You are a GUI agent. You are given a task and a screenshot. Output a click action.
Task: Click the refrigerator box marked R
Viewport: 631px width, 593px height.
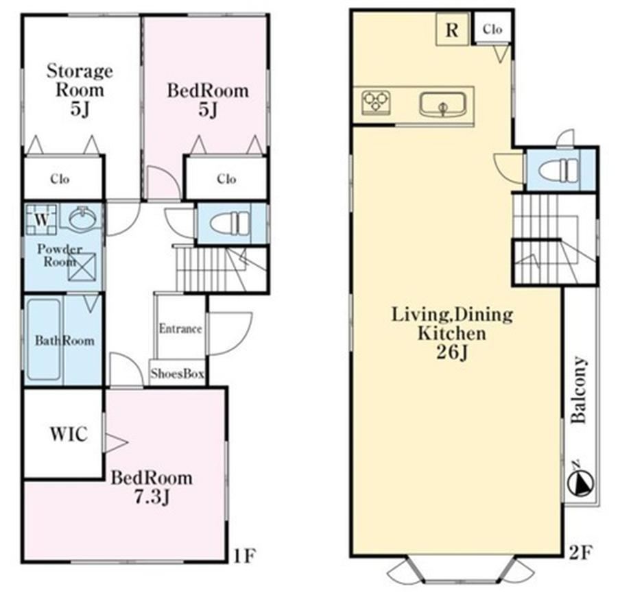click(x=453, y=29)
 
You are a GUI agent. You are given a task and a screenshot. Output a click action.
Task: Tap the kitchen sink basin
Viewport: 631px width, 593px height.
click(x=442, y=105)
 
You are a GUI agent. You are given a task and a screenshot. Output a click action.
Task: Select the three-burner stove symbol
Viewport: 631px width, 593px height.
click(x=377, y=101)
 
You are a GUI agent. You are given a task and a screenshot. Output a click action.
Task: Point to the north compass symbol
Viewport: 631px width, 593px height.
click(x=580, y=481)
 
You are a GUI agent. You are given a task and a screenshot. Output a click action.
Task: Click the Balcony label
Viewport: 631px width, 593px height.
click(x=580, y=390)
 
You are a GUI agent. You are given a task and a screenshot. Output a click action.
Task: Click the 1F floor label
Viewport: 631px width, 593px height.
click(x=244, y=556)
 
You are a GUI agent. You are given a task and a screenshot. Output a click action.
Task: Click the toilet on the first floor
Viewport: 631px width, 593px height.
click(x=229, y=223)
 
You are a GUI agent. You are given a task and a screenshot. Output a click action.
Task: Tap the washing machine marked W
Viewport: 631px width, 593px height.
click(x=42, y=219)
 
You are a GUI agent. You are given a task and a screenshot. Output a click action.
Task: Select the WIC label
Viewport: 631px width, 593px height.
click(x=69, y=434)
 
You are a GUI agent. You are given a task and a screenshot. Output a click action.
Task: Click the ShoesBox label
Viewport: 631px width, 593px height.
click(x=177, y=374)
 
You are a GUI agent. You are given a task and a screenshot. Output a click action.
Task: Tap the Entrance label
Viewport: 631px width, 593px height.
click(x=180, y=328)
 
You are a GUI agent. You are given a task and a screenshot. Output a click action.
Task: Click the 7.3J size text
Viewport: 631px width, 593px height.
click(x=152, y=498)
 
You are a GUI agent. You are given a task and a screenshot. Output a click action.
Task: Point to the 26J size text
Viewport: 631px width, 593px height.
click(x=452, y=352)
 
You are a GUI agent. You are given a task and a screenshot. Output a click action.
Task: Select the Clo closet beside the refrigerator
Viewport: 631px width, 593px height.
click(x=492, y=28)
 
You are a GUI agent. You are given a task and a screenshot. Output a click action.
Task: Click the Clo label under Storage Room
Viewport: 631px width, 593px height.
click(x=60, y=179)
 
